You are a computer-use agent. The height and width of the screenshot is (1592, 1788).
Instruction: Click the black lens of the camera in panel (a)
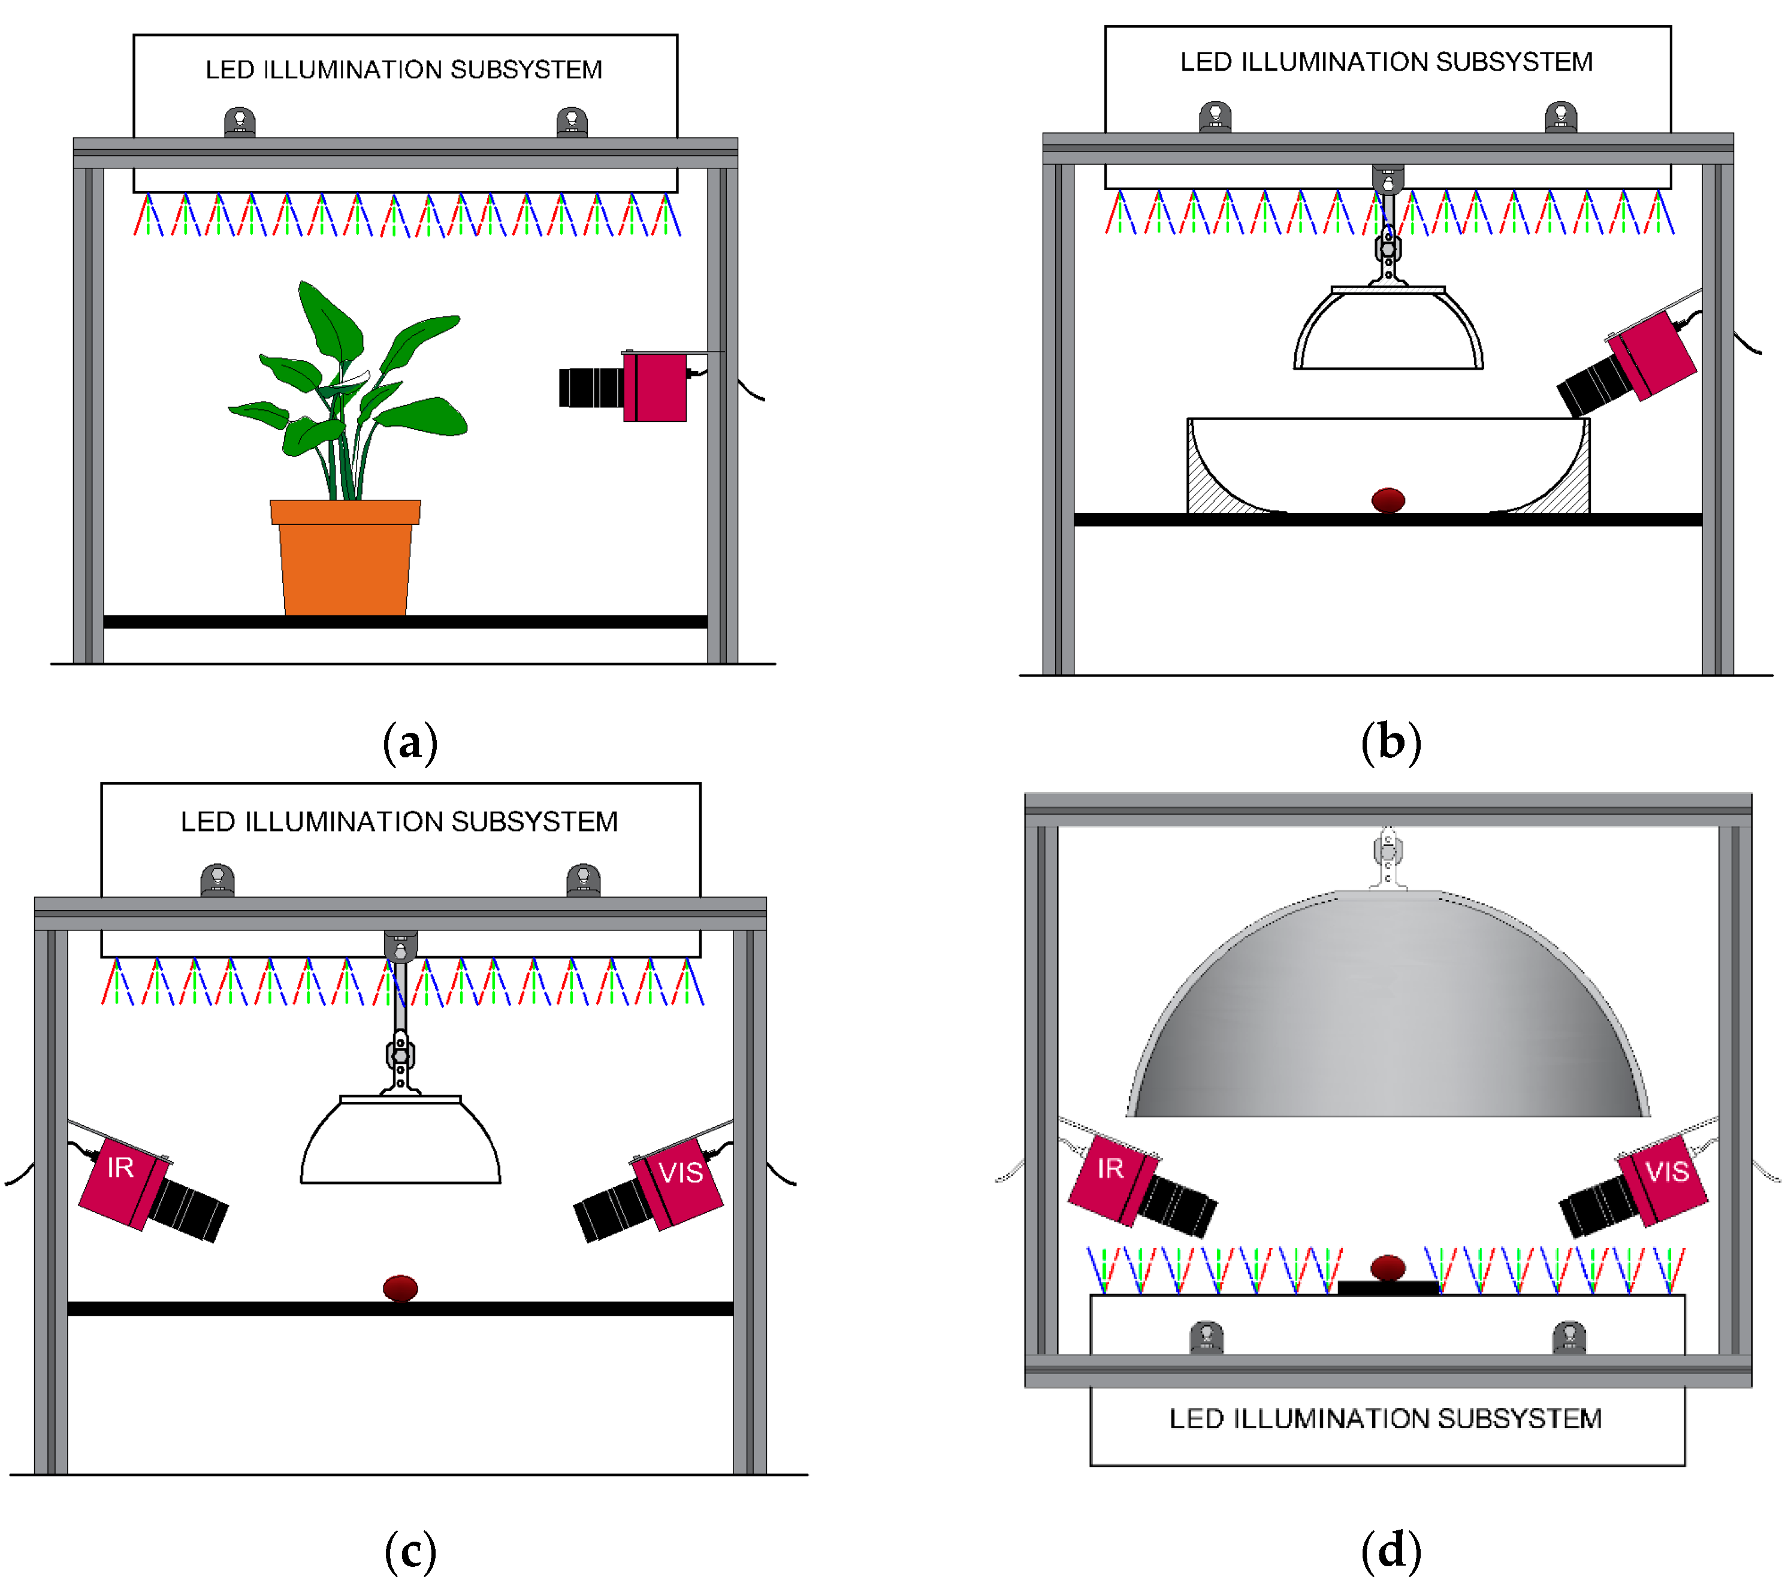point(590,388)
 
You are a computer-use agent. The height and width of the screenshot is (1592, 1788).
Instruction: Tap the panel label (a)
point(409,744)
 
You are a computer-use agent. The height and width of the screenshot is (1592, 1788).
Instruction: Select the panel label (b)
point(1390,744)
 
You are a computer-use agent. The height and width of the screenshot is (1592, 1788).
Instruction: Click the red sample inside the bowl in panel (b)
point(1387,500)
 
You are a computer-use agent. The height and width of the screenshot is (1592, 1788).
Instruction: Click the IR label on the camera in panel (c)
point(120,1168)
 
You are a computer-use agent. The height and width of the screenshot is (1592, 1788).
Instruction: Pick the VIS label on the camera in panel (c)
point(681,1172)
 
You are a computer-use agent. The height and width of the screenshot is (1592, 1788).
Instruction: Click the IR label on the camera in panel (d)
point(1110,1168)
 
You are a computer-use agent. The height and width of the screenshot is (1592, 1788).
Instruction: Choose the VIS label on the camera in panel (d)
point(1666,1171)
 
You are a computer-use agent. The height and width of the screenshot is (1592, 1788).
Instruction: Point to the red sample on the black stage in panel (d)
point(1387,1267)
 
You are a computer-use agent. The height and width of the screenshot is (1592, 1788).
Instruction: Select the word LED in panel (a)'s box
point(229,70)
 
